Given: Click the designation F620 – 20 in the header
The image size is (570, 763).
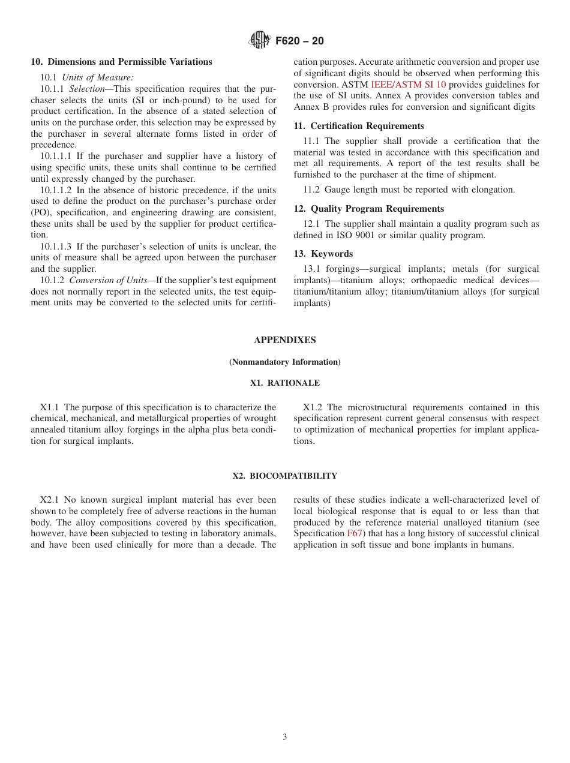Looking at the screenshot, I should [x=299, y=41].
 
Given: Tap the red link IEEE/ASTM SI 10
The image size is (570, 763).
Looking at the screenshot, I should [x=408, y=85].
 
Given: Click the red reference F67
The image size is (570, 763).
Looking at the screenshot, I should [x=355, y=533].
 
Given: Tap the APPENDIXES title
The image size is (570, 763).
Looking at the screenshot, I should [x=284, y=340].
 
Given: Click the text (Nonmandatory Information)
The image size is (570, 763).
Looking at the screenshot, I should [x=284, y=362].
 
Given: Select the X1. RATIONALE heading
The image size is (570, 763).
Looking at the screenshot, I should [x=284, y=383].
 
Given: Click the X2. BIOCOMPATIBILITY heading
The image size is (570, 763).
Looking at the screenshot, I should [x=284, y=476].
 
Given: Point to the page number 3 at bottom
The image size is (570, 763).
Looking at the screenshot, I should [x=285, y=737].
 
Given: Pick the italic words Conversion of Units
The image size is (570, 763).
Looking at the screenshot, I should [x=108, y=280].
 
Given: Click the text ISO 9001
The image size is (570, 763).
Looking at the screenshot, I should [x=350, y=235].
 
